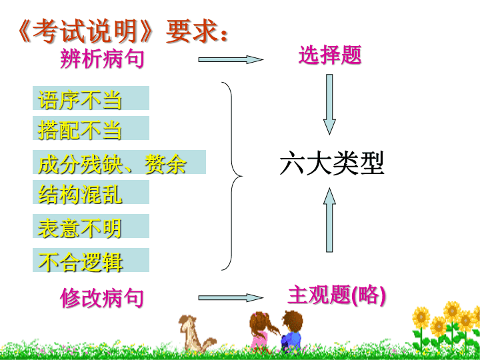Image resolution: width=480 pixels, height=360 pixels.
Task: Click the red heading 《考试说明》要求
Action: click(x=123, y=31)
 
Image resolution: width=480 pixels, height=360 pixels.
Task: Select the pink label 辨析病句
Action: click(x=102, y=59)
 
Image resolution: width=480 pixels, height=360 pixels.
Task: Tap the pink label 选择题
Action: click(x=330, y=55)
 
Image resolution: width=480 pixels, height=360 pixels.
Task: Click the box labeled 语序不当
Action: click(x=91, y=98)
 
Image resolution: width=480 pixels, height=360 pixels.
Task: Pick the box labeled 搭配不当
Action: click(x=91, y=128)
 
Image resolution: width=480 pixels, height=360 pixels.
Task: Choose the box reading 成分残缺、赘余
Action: click(x=119, y=162)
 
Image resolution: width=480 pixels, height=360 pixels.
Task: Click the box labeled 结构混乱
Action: click(x=91, y=192)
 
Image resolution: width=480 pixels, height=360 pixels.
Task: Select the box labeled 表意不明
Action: click(x=91, y=226)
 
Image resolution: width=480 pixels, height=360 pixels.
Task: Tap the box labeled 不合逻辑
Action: click(x=91, y=260)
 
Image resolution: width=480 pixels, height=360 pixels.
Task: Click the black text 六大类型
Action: click(x=332, y=163)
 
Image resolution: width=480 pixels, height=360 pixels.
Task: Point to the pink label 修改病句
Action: click(x=102, y=298)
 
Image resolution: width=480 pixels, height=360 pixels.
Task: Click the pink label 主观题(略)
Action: click(x=337, y=295)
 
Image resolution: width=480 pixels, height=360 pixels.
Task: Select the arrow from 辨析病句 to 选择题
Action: click(x=231, y=59)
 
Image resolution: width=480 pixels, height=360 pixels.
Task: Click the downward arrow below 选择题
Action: click(x=329, y=105)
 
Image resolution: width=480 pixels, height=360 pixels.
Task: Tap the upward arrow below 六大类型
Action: click(x=329, y=220)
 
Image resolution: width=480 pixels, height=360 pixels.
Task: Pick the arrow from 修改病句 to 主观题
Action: click(x=231, y=297)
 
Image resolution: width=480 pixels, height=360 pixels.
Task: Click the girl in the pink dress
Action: click(x=262, y=331)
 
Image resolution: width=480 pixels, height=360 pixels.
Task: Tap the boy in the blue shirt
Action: click(x=291, y=332)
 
